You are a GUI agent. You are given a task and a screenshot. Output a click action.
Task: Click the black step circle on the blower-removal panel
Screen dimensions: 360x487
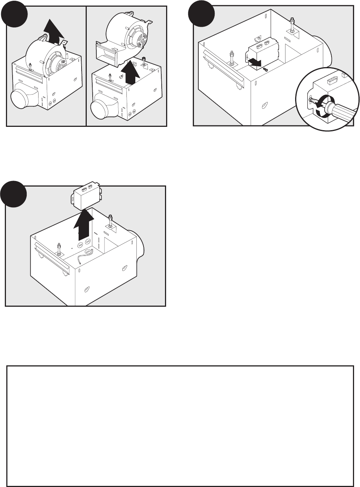pyautogui.click(x=14, y=14)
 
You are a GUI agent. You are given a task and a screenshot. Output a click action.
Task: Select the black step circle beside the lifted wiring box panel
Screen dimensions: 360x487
pyautogui.click(x=14, y=194)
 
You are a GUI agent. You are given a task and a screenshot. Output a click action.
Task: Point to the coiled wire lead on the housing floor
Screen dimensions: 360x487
pyautogui.click(x=85, y=258)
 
